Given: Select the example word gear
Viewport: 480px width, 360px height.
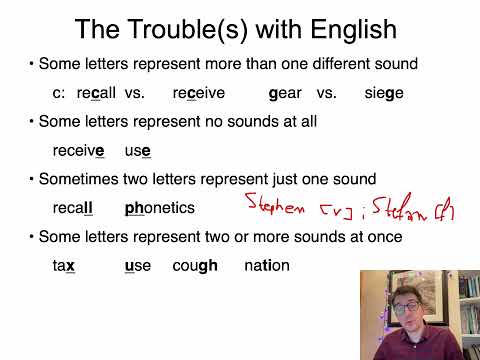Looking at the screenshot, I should coord(285,93).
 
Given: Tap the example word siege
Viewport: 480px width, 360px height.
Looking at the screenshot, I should coord(384,93).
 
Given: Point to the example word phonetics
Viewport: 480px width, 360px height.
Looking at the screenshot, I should coord(160,209).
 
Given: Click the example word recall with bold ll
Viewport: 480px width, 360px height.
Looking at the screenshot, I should coord(72,209).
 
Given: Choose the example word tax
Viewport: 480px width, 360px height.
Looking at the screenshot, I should coord(64,266).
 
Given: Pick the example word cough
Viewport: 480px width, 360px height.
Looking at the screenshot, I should coord(194,266).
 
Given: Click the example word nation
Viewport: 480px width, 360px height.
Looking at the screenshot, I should coord(266,266).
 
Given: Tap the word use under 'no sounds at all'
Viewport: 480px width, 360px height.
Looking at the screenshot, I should coord(138,151).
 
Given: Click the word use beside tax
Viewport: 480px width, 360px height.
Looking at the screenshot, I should coord(138,266).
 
